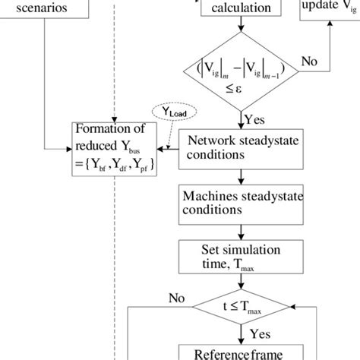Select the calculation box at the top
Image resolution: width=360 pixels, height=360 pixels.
pos(240,10)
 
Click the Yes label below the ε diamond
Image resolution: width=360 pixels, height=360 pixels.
pos(255,119)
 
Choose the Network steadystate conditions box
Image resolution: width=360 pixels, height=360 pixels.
pos(240,147)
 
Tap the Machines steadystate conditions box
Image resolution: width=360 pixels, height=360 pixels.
pos(240,202)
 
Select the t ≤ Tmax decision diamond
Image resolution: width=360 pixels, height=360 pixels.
pos(240,307)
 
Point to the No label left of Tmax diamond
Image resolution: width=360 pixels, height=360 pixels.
pos(176,297)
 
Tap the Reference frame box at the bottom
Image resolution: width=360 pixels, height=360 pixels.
pos(240,352)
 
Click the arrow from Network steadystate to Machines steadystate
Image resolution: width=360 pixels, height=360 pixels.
pos(240,175)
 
